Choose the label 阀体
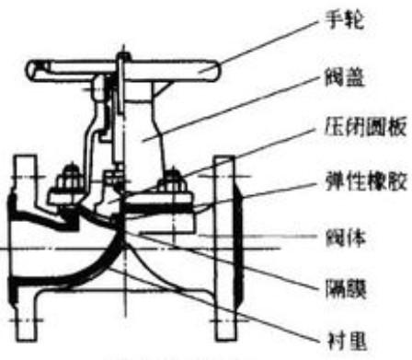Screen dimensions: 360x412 344,238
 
